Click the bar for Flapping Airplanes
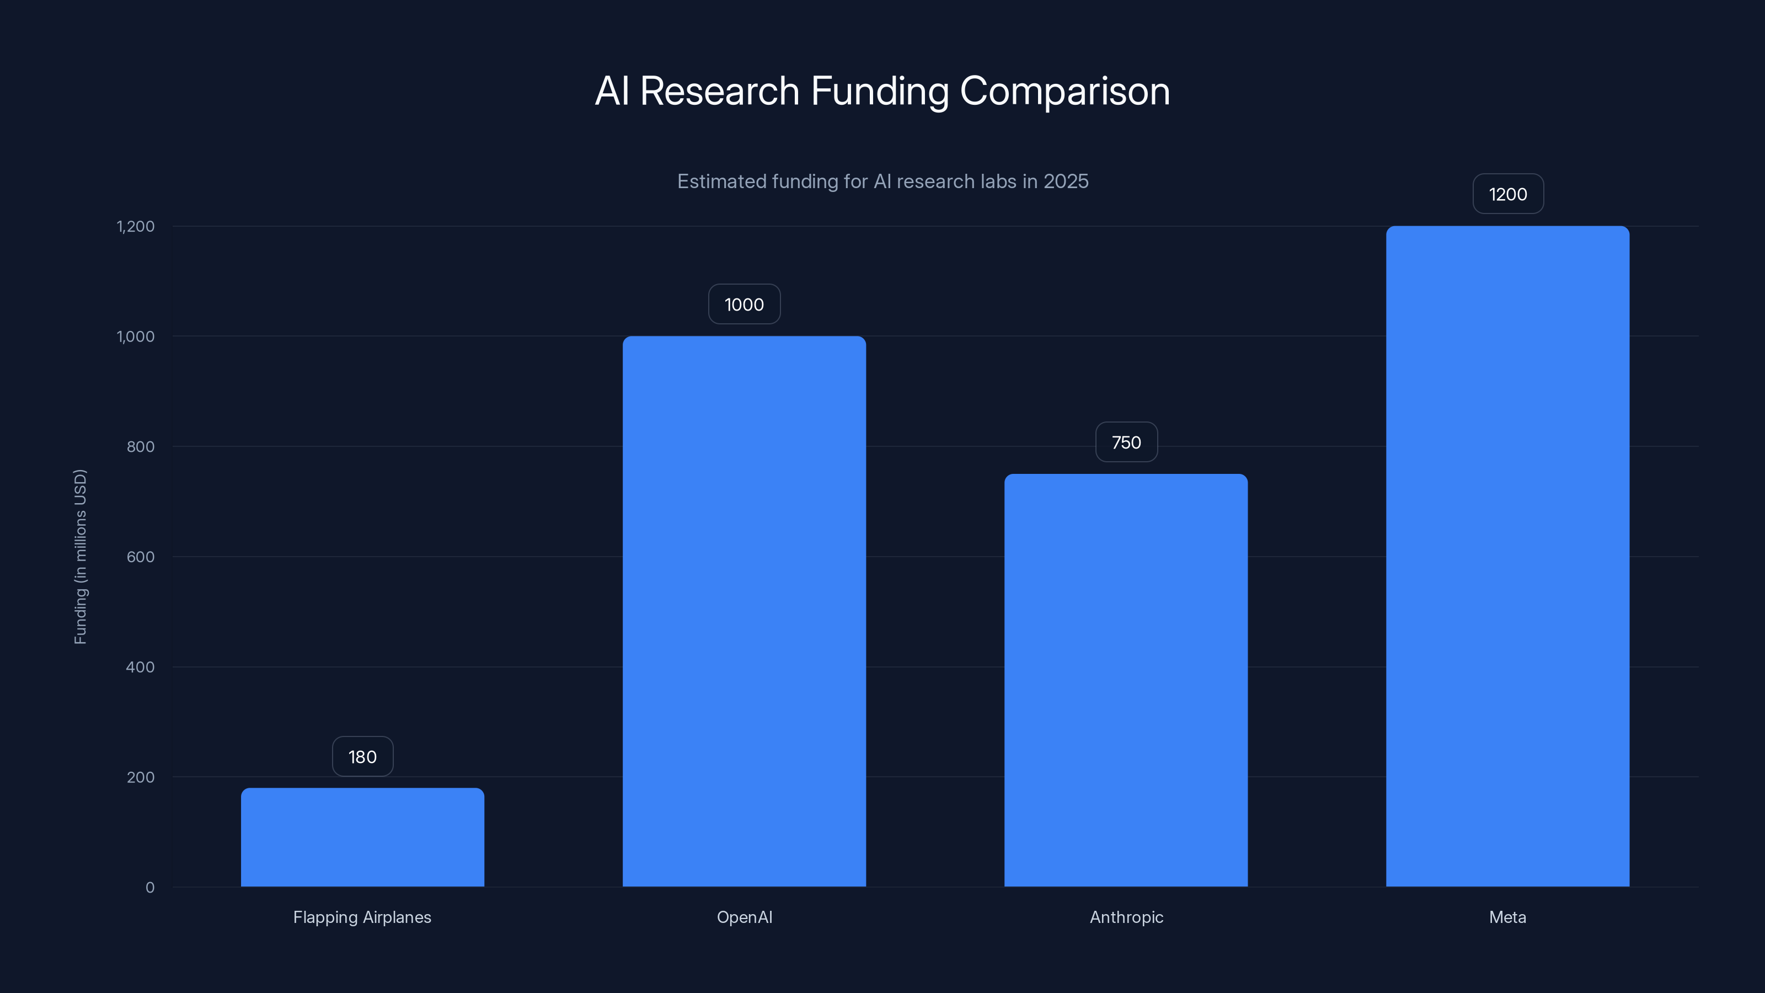[x=362, y=837]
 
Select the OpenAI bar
[x=744, y=611]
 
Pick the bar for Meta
[x=1507, y=557]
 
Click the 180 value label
[x=362, y=756]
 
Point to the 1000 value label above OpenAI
[x=744, y=305]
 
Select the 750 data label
[x=1126, y=442]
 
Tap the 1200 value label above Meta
[x=1507, y=194]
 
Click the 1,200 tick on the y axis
[x=136, y=226]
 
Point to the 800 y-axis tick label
[x=141, y=447]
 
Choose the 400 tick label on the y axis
[x=141, y=667]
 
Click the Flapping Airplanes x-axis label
[x=362, y=917]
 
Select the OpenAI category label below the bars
[x=744, y=917]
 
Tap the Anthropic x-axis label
[x=1126, y=917]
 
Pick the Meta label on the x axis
[x=1507, y=917]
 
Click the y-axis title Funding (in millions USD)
[x=80, y=557]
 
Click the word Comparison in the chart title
[x=1064, y=91]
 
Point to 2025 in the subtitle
[x=1066, y=181]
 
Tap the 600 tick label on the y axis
[x=141, y=557]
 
